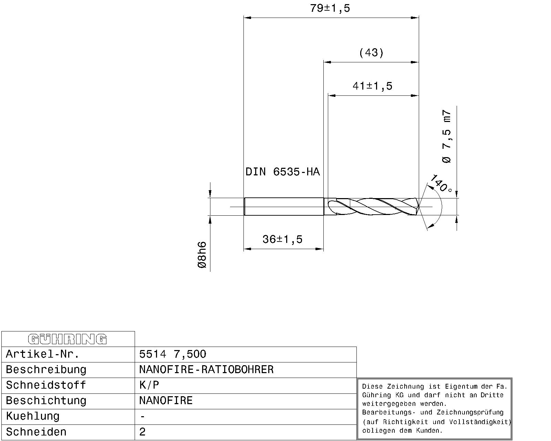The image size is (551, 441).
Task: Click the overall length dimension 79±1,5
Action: [x=330, y=8]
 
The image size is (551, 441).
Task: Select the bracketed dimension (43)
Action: [x=371, y=53]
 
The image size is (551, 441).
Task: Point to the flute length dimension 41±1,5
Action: [x=372, y=86]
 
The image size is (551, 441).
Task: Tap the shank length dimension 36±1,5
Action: [x=282, y=239]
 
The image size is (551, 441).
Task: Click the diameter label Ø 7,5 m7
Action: [x=446, y=136]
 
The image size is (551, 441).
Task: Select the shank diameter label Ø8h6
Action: [x=202, y=255]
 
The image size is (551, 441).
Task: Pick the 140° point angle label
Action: [x=440, y=183]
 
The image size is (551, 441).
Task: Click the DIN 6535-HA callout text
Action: [x=282, y=172]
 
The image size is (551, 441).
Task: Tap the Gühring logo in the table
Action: [x=67, y=339]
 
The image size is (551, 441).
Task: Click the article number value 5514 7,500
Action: [x=173, y=354]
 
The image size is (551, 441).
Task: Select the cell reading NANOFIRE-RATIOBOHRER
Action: [x=206, y=370]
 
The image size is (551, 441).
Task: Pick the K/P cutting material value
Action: [x=149, y=385]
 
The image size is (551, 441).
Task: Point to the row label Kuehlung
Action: [x=33, y=416]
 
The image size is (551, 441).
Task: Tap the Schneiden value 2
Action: [x=143, y=432]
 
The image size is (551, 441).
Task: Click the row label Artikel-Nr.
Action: [x=43, y=354]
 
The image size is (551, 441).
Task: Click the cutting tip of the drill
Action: [x=418, y=207]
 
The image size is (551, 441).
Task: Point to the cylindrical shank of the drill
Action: [x=284, y=206]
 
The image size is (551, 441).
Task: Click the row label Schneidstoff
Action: [x=46, y=385]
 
